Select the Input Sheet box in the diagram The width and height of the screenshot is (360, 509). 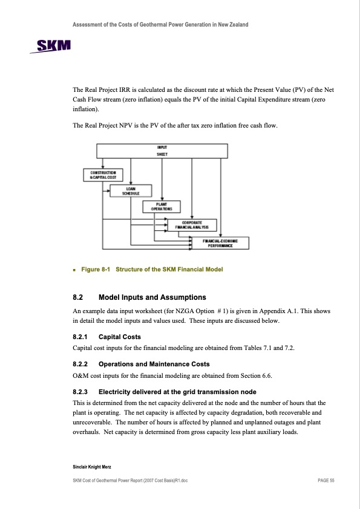click(162, 151)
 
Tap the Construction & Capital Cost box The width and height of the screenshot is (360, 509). click(103, 175)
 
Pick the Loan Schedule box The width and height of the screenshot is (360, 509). click(131, 191)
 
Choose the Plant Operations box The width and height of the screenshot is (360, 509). click(162, 207)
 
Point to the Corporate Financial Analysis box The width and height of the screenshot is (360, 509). click(192, 225)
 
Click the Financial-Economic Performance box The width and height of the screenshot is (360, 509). click(220, 243)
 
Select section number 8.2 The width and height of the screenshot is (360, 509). click(77, 297)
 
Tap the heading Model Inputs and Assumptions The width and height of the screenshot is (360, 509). click(152, 297)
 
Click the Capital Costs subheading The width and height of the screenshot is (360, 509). click(120, 337)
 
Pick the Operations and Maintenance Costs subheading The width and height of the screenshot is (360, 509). click(154, 365)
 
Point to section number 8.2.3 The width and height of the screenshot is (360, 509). click(80, 392)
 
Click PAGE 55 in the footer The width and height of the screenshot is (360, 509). click(326, 481)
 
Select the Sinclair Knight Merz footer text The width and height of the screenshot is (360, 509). click(92, 467)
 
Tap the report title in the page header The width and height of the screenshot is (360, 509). click(160, 25)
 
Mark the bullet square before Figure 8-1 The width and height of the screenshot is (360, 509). click(74, 270)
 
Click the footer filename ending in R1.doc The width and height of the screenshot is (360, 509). click(130, 481)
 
